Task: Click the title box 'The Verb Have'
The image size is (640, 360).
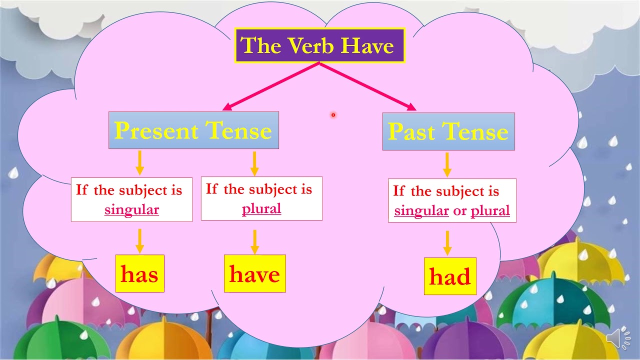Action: tap(319, 45)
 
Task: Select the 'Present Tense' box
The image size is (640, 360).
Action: tap(193, 130)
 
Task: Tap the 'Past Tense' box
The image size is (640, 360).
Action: tap(448, 131)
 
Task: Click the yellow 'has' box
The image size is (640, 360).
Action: tap(139, 273)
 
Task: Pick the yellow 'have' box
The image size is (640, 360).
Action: tap(254, 273)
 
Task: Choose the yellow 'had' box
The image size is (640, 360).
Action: tap(450, 276)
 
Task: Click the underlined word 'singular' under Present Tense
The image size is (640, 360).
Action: tap(131, 209)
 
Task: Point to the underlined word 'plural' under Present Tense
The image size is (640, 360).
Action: tap(261, 208)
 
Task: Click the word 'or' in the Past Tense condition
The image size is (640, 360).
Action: tap(459, 210)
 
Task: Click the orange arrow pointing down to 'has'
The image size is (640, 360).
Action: tap(139, 241)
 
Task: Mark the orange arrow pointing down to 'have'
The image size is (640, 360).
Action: tap(254, 241)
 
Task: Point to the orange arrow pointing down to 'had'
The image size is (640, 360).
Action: tap(447, 243)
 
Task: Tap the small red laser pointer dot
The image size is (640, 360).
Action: tap(333, 115)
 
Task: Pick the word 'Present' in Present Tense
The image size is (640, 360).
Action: tap(156, 130)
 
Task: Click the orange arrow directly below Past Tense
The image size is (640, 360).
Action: tap(447, 164)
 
